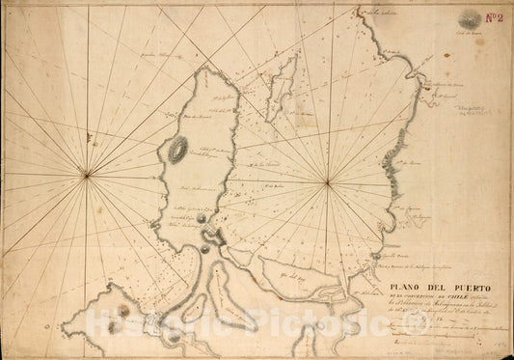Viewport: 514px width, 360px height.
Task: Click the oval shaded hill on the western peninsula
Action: tap(177, 149)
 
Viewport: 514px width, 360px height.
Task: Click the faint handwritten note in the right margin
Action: tap(476, 115)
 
